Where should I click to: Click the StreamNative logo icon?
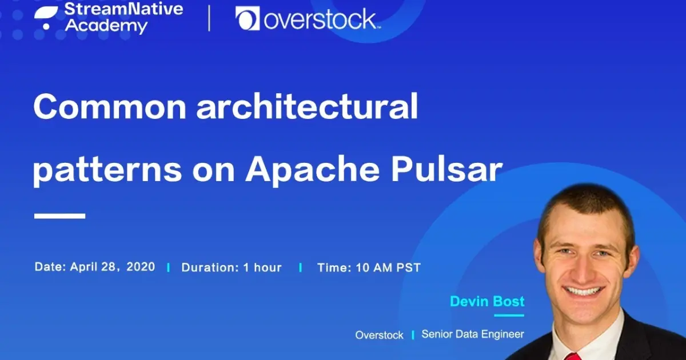point(46,17)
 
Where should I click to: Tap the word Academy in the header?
point(106,26)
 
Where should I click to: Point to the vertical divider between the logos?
point(209,18)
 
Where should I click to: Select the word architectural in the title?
point(307,107)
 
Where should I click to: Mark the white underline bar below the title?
point(60,216)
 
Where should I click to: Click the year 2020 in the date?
point(141,267)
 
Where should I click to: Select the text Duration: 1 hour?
point(232,267)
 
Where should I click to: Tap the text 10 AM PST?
point(388,267)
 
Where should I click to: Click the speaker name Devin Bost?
point(487,301)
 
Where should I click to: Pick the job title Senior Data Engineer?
point(473,334)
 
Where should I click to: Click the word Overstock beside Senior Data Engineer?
point(379,335)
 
